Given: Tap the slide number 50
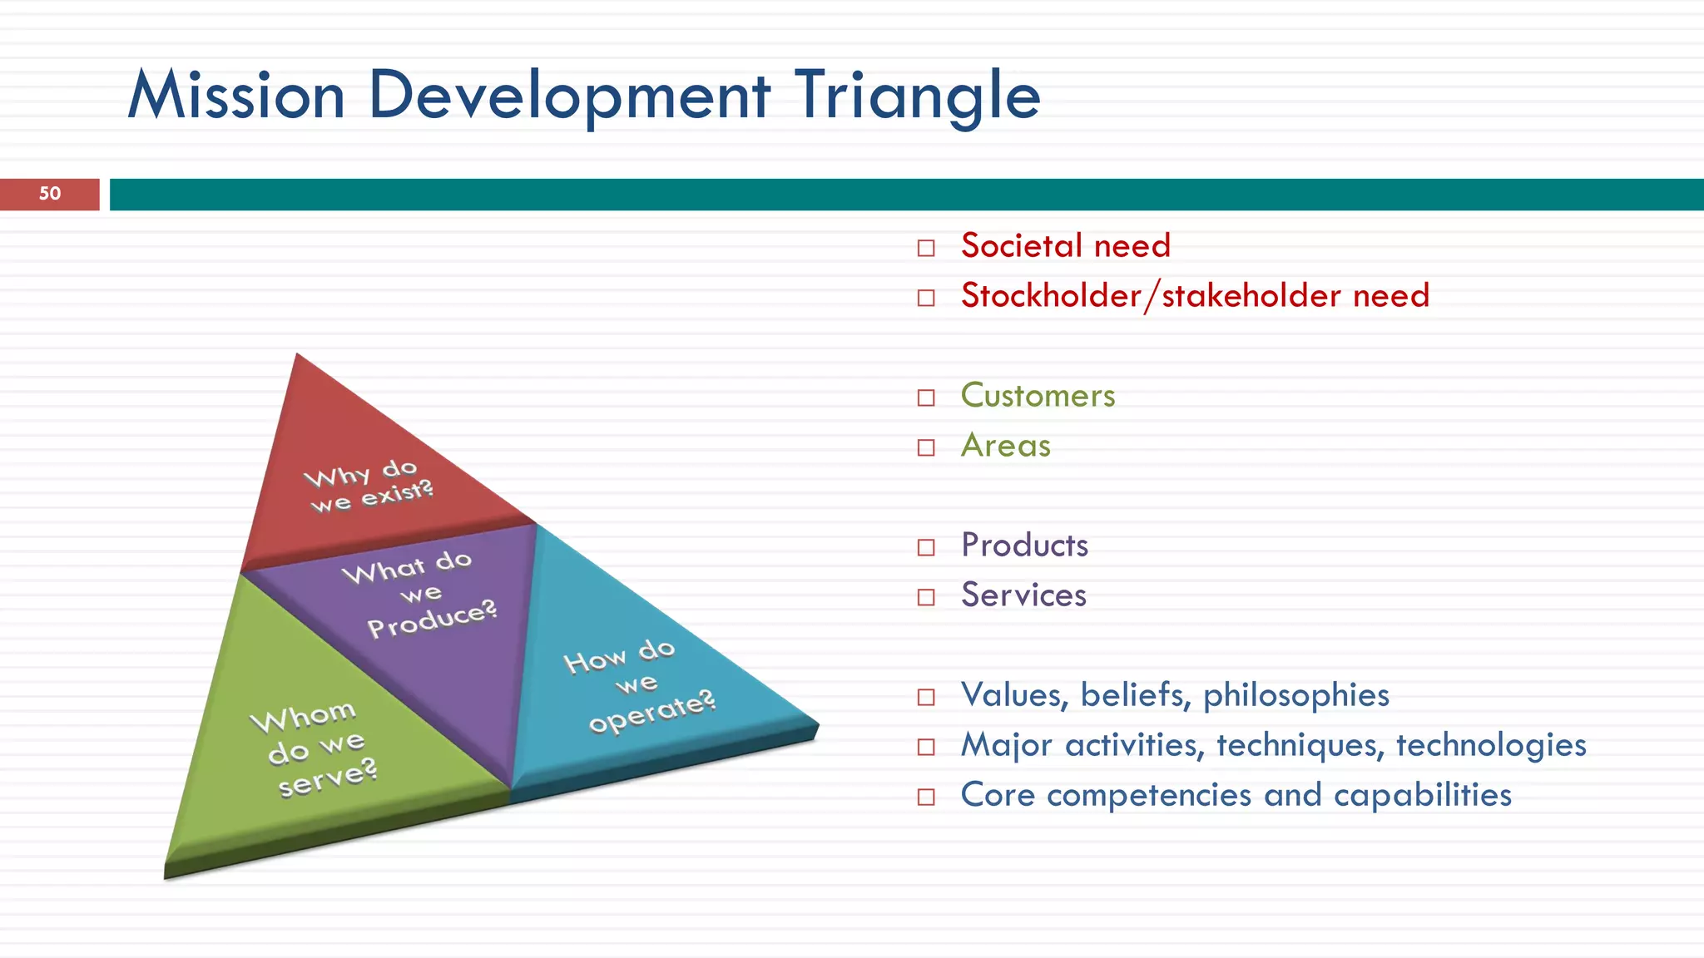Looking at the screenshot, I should click(50, 194).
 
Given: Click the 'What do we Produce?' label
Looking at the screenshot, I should click(420, 594).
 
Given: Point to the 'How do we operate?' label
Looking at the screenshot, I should click(639, 684).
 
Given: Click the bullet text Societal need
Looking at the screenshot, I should click(1065, 246).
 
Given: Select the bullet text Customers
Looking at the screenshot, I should click(1038, 396).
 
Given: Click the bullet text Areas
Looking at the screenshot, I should click(1005, 446).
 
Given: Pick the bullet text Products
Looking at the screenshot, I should click(1024, 546).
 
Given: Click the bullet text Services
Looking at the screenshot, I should click(1023, 595).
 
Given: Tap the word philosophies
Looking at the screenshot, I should click(1295, 695).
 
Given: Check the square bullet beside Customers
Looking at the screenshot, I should click(926, 398).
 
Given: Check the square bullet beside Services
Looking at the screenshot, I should click(926, 597).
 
